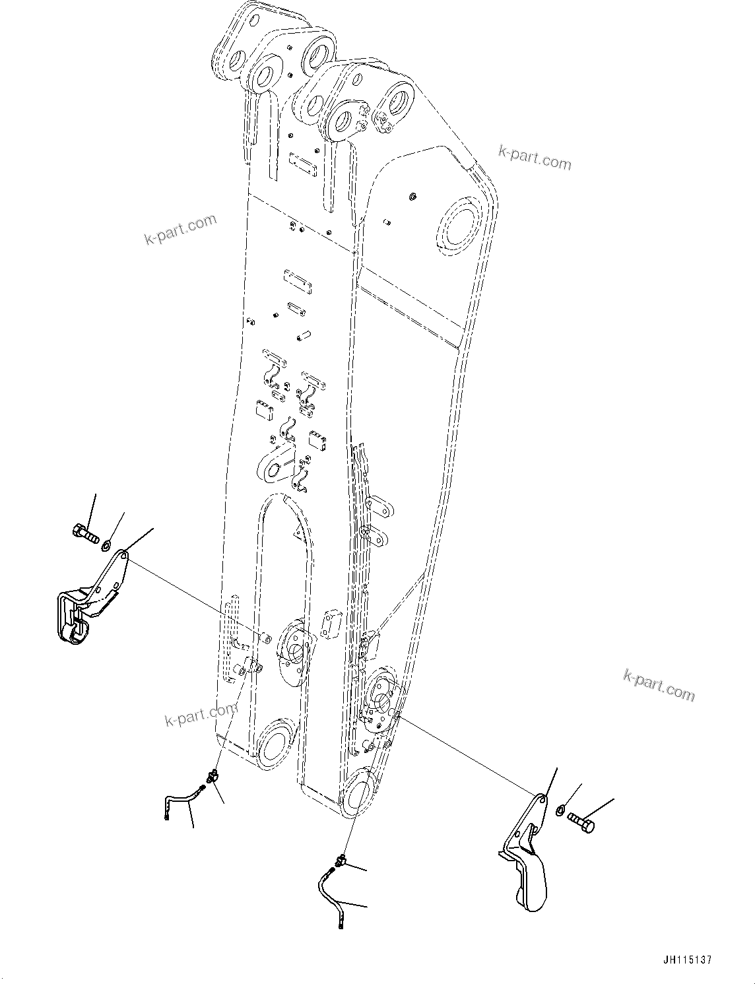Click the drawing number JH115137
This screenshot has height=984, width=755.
[684, 960]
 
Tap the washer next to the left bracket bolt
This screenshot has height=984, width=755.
[106, 545]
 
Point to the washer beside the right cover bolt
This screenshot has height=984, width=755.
[560, 810]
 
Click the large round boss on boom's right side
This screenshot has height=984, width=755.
[462, 229]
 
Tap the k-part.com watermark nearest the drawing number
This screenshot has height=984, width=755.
[659, 684]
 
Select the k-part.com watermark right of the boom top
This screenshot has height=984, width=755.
[535, 157]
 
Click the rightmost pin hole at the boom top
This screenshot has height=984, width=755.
[399, 103]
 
